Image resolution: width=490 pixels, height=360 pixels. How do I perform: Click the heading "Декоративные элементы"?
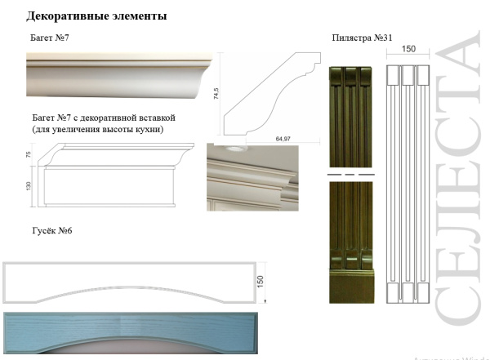(x=97, y=16)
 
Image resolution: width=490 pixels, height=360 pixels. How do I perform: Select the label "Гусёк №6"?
(x=52, y=231)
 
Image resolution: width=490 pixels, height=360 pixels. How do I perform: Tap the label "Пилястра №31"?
(x=363, y=38)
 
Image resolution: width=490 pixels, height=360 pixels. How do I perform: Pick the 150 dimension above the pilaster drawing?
(x=408, y=49)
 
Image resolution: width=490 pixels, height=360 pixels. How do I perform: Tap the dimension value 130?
(x=28, y=187)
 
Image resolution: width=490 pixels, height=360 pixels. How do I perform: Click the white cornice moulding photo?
(x=120, y=76)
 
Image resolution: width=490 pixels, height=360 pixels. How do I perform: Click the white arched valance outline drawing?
(x=131, y=282)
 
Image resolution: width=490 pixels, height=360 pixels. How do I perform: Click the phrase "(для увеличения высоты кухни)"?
(x=98, y=130)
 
